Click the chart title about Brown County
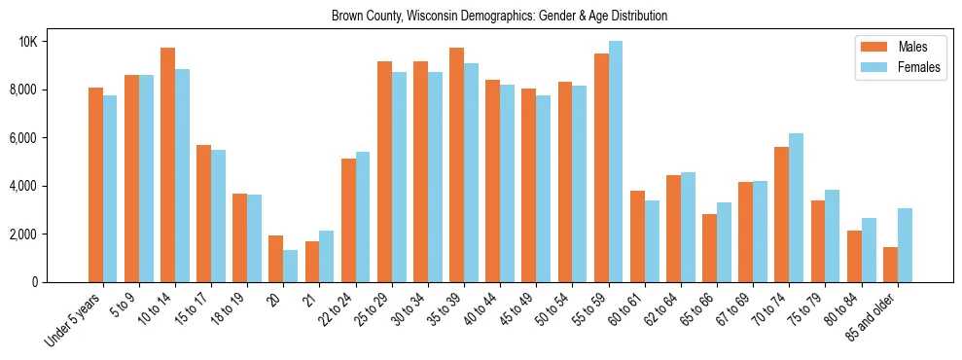(x=499, y=17)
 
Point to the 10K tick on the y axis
(x=56, y=42)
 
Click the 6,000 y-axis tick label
(x=51, y=138)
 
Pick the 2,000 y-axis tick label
(x=51, y=234)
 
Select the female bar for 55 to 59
(x=616, y=162)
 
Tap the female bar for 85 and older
(x=905, y=245)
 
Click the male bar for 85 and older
(x=890, y=265)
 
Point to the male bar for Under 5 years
(x=95, y=185)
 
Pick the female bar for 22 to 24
(x=363, y=217)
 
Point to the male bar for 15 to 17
(x=204, y=213)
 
